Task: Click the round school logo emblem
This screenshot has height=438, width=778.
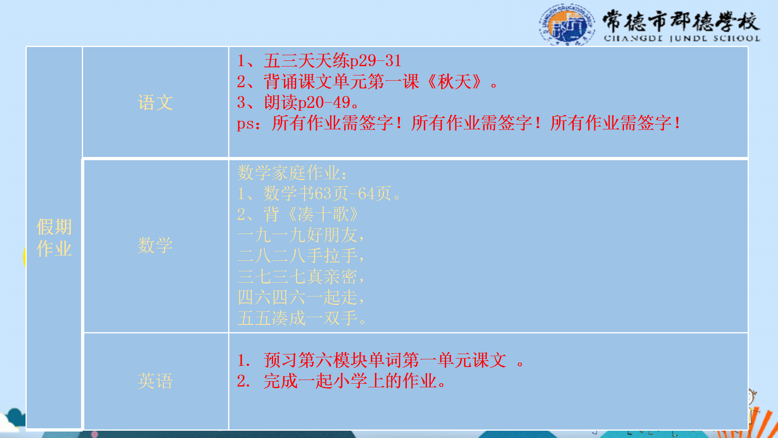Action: [x=567, y=25]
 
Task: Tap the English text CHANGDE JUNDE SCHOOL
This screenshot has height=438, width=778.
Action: [x=682, y=39]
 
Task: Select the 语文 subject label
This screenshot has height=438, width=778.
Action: [x=155, y=102]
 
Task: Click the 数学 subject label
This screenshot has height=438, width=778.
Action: [x=155, y=245]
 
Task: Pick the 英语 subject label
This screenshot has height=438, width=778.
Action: [x=155, y=381]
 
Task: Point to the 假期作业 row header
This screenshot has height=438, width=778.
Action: [x=54, y=238]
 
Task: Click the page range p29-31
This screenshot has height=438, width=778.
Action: [x=376, y=61]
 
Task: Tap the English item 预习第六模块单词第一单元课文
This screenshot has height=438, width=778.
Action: [x=385, y=360]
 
